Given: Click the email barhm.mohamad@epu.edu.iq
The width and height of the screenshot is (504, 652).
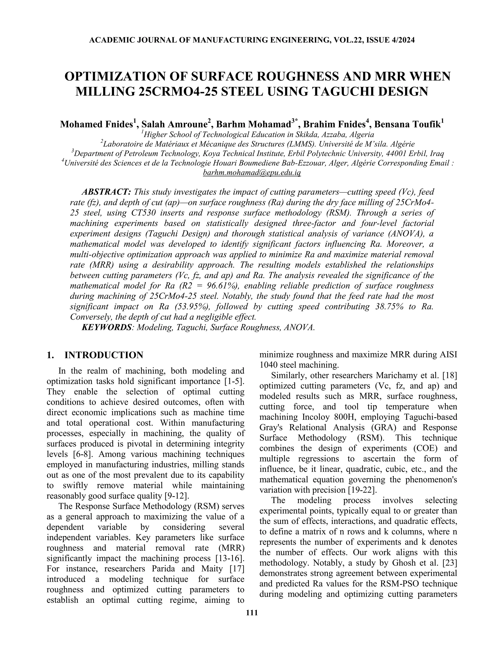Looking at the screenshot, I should tap(252, 172).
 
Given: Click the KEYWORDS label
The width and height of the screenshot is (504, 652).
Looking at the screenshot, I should tap(107, 327).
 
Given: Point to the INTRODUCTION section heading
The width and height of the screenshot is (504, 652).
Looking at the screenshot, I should tap(104, 355).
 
